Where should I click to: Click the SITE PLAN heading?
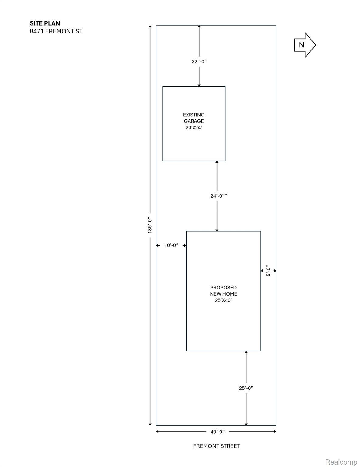45,23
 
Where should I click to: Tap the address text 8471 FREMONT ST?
56,31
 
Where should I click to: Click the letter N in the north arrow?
301,45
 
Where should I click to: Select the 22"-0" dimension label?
199,61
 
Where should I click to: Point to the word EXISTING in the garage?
194,115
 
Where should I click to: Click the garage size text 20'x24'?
194,127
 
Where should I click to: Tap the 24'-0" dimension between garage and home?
218,196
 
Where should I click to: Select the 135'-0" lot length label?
150,225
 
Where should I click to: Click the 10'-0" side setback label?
171,245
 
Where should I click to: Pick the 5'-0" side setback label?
268,271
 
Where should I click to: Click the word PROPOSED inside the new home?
223,288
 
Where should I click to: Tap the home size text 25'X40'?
223,300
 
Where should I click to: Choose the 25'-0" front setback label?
246,388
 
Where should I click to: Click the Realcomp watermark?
341,462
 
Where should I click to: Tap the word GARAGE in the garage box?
194,121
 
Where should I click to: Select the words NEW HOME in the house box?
223,294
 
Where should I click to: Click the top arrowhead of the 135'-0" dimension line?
150,26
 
